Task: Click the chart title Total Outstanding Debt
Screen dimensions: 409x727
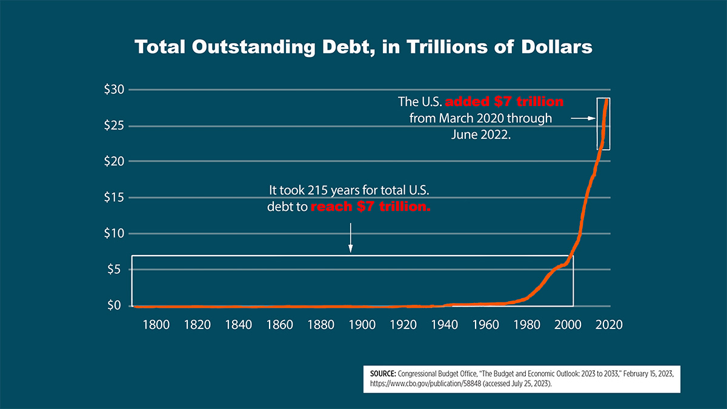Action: coord(363,47)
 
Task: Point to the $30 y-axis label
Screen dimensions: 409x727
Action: coord(113,90)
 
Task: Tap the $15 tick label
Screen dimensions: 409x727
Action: coord(113,198)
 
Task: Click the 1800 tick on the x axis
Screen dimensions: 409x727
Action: coord(156,324)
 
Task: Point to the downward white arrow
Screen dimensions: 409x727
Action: coord(350,239)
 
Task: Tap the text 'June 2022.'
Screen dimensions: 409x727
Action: coord(481,135)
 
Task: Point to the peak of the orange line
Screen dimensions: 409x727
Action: coord(607,100)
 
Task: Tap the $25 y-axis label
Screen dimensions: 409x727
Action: coord(113,126)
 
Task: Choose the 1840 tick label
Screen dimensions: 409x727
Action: coord(238,324)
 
